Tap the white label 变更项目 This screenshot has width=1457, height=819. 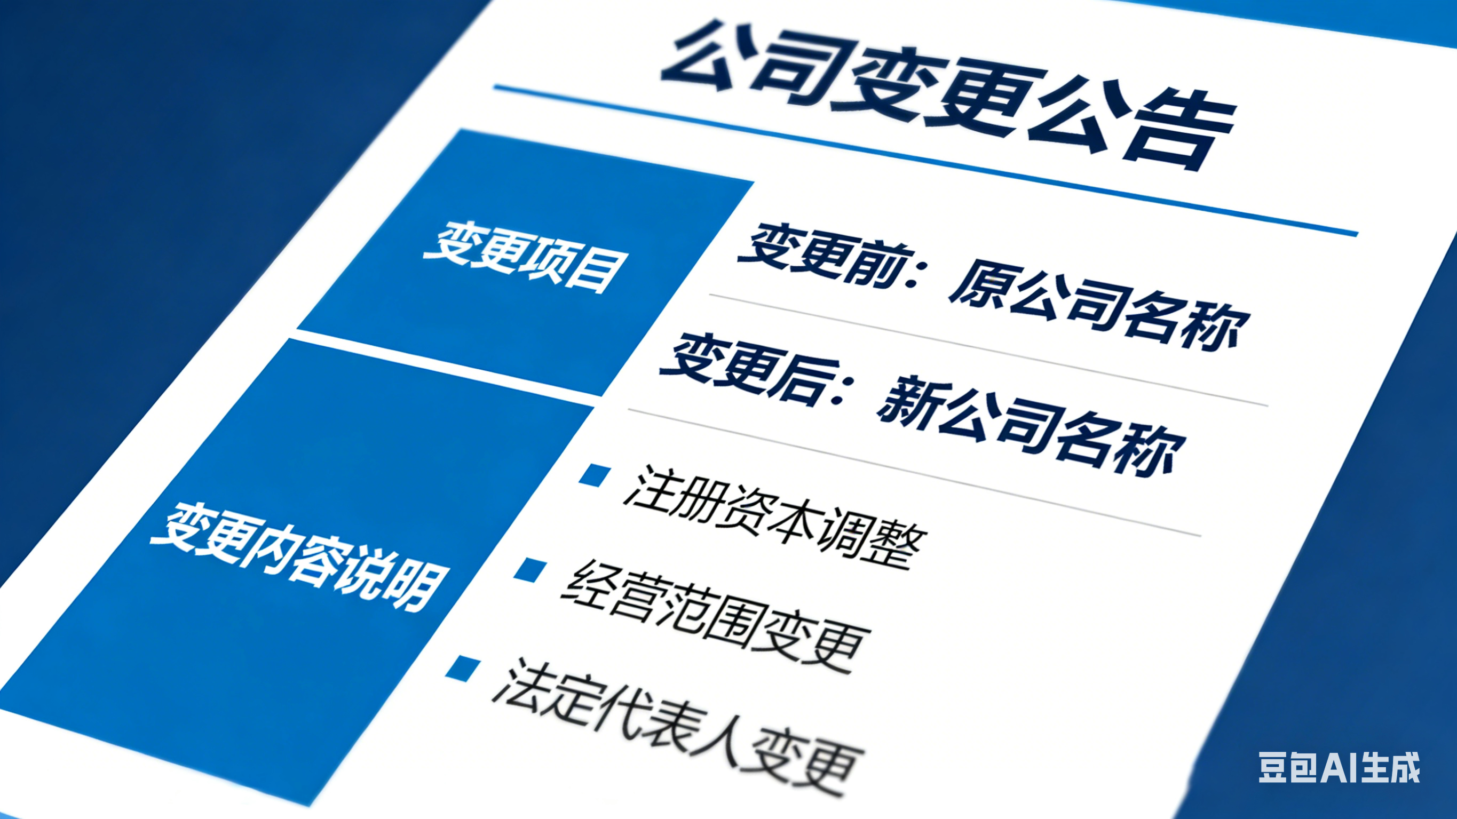[x=526, y=258]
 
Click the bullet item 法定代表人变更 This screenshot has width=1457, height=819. [x=676, y=730]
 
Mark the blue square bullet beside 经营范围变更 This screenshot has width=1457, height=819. [x=530, y=569]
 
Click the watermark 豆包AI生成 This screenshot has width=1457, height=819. [x=1338, y=768]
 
